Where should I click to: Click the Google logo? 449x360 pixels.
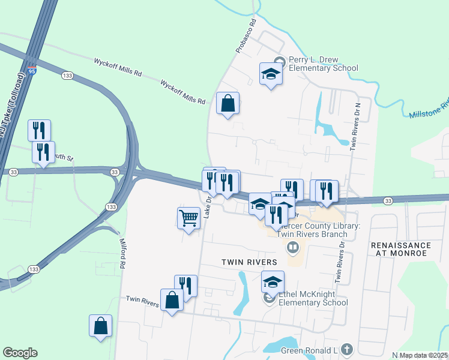20,353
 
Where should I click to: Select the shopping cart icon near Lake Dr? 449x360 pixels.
188,218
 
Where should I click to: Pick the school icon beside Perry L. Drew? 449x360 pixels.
271,74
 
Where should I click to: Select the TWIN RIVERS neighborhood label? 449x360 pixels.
249,262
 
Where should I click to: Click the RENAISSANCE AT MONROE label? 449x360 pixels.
401,250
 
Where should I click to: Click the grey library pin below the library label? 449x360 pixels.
293,247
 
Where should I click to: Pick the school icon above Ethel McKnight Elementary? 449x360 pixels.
273,281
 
